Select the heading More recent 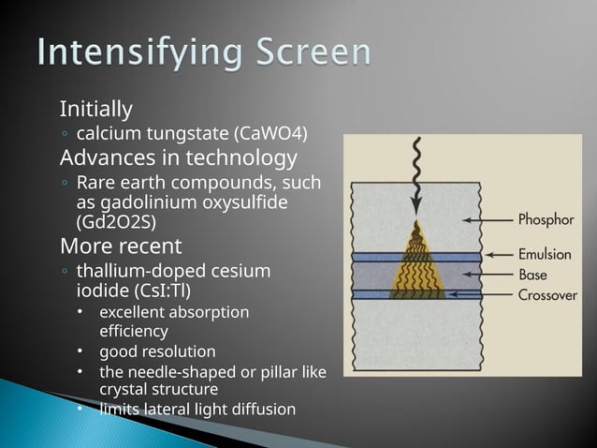(x=121, y=246)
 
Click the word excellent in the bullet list (x=134, y=311)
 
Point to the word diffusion (x=263, y=409)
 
